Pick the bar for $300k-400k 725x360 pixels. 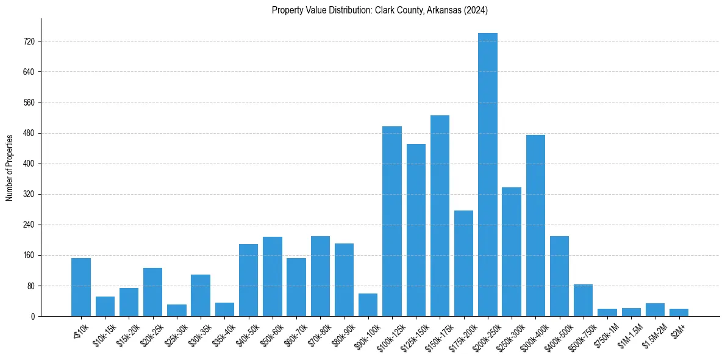(535, 225)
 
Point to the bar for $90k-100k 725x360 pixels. (368, 305)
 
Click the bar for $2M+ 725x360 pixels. (679, 312)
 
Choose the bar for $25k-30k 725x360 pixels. (177, 310)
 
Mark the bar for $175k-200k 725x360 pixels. (463, 263)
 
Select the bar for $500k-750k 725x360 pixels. (583, 300)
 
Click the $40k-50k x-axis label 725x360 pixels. (248, 333)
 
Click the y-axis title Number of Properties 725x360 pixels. (10, 167)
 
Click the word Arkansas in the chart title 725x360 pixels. (451, 10)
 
